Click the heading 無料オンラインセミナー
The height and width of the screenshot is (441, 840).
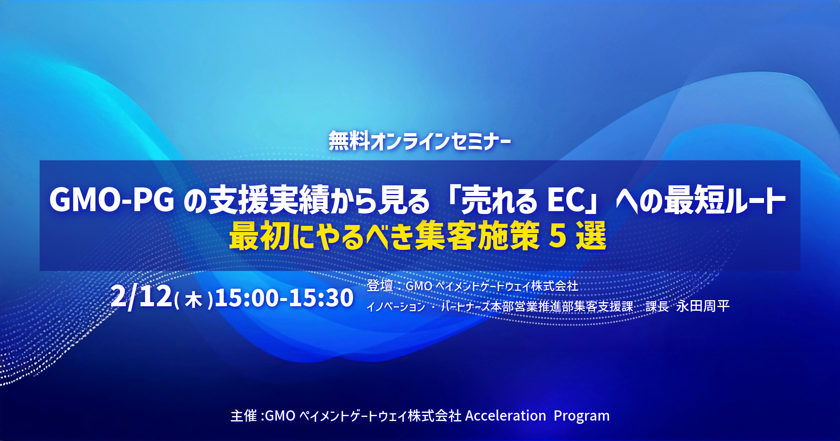(420, 141)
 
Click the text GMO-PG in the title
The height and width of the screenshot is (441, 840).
(112, 200)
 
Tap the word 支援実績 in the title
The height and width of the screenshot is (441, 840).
(268, 200)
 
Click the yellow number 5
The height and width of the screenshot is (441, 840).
(557, 236)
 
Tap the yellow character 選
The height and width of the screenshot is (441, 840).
(591, 236)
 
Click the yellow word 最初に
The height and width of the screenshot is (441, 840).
(266, 236)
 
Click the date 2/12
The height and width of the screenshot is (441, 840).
(141, 297)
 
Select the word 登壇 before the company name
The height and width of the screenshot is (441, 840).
(380, 285)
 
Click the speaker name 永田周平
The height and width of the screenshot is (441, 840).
(703, 306)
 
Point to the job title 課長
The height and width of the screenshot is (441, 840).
(657, 306)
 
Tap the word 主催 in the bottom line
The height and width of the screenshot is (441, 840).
(244, 416)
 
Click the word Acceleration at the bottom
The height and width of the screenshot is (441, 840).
(505, 416)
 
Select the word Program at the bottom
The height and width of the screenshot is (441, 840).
(581, 416)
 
